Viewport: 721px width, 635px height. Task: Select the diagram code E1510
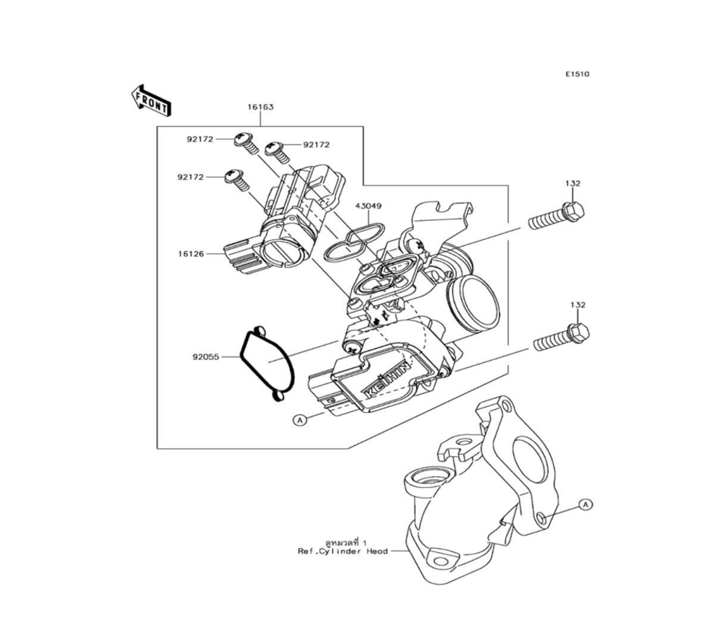tap(577, 74)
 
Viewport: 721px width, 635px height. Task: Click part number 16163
tap(261, 107)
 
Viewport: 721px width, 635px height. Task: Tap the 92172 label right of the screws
tap(316, 144)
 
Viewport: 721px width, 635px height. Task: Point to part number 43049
tap(368, 206)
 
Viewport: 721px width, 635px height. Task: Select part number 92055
tap(206, 356)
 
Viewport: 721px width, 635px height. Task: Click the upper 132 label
tap(572, 184)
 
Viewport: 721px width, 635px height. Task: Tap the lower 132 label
tap(578, 305)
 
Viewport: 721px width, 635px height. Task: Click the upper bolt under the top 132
tap(556, 216)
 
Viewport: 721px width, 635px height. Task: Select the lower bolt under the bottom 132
tap(561, 337)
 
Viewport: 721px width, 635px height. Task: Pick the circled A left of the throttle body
tap(299, 419)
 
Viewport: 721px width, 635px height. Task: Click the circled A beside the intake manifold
tap(585, 504)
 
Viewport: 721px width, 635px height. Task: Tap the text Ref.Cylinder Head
tap(342, 551)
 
